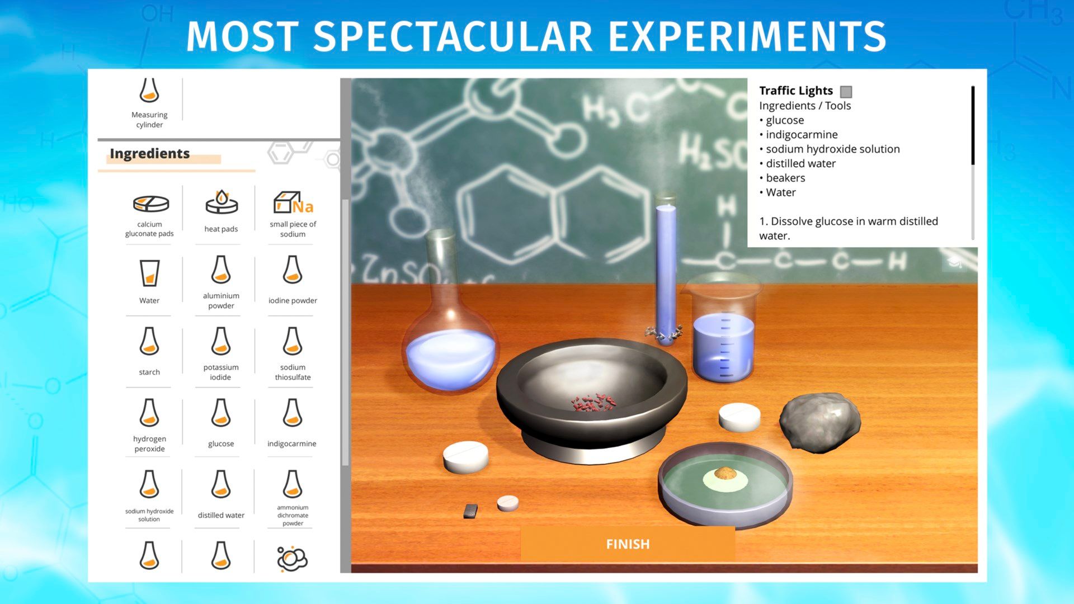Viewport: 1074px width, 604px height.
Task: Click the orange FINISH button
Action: [x=628, y=544]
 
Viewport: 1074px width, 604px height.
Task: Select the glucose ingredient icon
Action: [x=221, y=413]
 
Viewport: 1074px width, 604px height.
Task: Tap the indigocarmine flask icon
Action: [x=293, y=413]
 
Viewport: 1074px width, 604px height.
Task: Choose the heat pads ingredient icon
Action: [x=222, y=202]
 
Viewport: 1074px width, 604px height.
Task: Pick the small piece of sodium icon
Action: [x=293, y=202]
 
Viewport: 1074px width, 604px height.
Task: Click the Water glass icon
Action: [x=149, y=273]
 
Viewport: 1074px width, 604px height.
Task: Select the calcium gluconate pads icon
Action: [x=150, y=204]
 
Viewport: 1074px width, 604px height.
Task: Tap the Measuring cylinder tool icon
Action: [x=149, y=89]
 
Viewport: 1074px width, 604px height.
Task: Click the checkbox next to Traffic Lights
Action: [x=846, y=92]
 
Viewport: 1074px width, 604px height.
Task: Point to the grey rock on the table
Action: [x=819, y=421]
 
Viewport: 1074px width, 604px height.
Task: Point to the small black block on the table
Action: [x=471, y=511]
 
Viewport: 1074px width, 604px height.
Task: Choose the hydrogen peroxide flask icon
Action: [x=149, y=413]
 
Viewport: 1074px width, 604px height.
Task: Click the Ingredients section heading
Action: [x=149, y=153]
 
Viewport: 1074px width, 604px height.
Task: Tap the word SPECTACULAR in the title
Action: [x=452, y=37]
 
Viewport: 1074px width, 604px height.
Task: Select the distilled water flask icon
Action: [x=221, y=484]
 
